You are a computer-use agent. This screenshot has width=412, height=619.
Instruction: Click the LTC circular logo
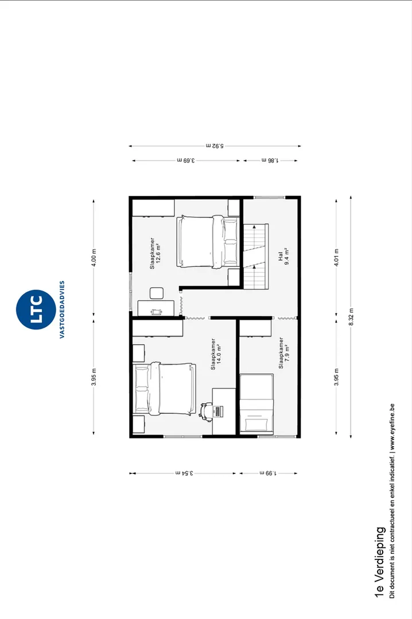(35, 309)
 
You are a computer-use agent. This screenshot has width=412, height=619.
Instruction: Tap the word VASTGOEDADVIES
(62, 309)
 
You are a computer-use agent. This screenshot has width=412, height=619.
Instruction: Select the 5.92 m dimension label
(215, 146)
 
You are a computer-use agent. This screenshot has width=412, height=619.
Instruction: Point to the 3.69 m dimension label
(186, 160)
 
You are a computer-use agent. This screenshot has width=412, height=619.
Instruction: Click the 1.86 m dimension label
(270, 160)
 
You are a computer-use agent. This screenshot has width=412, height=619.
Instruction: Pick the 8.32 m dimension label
(351, 317)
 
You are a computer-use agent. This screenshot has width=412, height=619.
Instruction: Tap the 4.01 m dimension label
(336, 257)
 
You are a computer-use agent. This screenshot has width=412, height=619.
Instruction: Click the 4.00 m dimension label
(94, 257)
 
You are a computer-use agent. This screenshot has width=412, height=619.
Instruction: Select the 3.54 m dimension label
(184, 472)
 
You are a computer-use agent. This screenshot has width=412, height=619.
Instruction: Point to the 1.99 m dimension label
(267, 472)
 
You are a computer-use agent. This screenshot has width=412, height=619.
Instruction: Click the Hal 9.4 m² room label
(283, 256)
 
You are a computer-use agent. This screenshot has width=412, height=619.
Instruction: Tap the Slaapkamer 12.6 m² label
(155, 253)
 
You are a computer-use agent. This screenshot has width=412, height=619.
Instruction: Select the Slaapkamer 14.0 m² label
(216, 354)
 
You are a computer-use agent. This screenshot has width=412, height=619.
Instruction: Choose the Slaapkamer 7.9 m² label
(284, 352)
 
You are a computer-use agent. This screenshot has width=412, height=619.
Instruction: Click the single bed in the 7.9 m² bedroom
(257, 403)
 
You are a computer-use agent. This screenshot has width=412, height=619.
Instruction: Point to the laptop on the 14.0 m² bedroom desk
(218, 411)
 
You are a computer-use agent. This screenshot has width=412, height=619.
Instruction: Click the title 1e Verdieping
(379, 562)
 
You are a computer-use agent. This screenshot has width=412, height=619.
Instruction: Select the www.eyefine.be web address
(392, 427)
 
